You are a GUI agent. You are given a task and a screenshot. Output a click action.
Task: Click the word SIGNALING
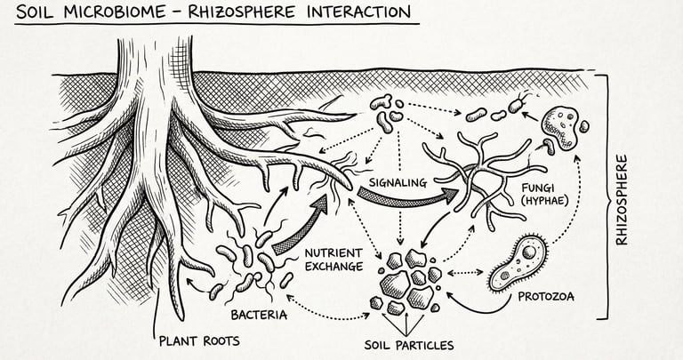pyautogui.click(x=391, y=182)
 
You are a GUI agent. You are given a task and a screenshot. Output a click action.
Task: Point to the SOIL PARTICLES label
pyautogui.click(x=409, y=344)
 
